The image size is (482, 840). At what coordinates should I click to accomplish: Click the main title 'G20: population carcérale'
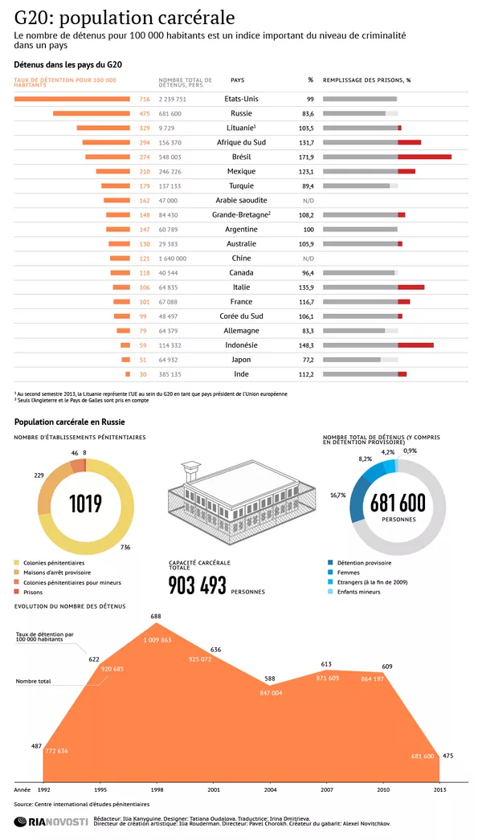(125, 18)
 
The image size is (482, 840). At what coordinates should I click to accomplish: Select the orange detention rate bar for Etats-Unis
(72, 99)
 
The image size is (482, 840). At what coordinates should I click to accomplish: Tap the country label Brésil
(241, 157)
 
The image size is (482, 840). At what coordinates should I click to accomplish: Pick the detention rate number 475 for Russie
(145, 113)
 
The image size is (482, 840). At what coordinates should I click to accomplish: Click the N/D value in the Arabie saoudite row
(308, 201)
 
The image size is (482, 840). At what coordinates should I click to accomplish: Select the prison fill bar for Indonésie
(378, 345)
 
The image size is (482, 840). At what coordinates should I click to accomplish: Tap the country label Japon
(241, 360)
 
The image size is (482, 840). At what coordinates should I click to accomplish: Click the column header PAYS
(238, 80)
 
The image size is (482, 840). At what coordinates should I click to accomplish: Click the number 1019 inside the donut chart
(85, 504)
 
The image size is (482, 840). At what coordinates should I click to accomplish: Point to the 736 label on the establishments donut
(125, 547)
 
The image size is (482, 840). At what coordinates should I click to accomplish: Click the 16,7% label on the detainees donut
(338, 495)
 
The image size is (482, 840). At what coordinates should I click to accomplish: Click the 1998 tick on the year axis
(157, 790)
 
